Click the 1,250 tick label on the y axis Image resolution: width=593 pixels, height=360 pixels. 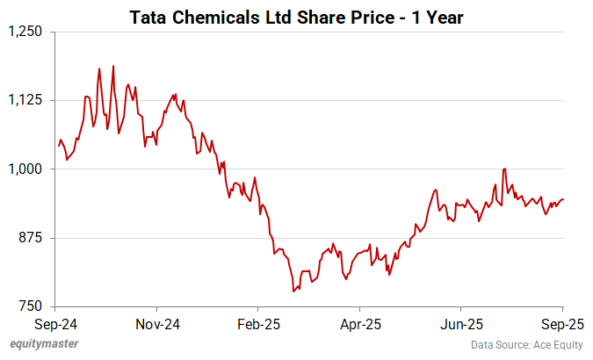point(25,32)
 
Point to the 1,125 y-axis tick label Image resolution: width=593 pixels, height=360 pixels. point(25,100)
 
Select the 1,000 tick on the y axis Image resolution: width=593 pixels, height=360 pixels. point(25,169)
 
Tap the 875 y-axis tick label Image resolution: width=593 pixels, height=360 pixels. point(32,238)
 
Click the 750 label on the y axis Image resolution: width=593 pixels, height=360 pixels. point(32,306)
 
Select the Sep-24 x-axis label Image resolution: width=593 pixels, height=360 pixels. point(55,323)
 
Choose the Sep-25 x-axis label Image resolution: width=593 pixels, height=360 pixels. point(563,323)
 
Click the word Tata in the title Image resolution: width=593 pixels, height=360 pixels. point(148,16)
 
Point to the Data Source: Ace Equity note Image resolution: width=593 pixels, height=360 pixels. point(525,344)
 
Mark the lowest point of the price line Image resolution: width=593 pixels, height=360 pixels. point(293,291)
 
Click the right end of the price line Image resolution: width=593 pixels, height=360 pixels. point(563,198)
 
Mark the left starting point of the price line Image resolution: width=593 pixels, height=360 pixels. point(58,146)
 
